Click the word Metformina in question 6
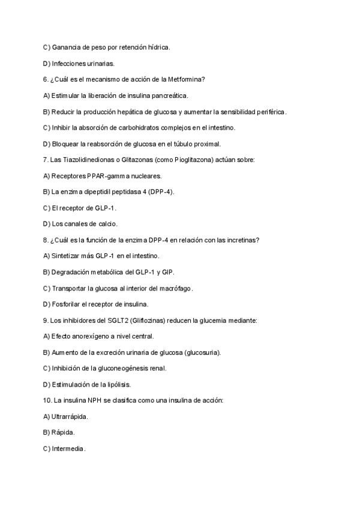pyautogui.click(x=186, y=79)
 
